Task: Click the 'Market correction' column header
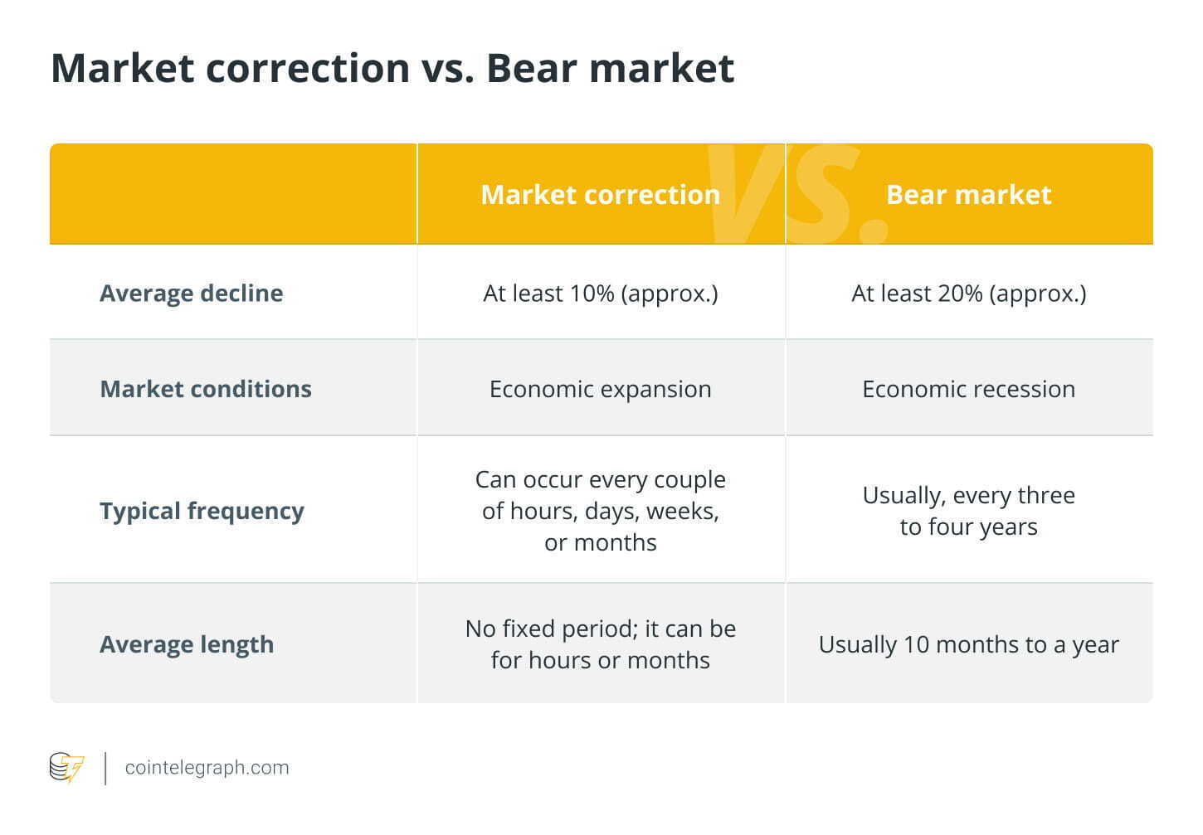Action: click(600, 194)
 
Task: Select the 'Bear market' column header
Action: click(968, 194)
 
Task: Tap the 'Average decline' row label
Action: click(191, 294)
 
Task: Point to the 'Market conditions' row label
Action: click(206, 389)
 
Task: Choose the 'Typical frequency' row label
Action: click(202, 511)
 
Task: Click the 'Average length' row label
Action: click(187, 644)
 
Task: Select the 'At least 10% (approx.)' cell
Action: click(601, 294)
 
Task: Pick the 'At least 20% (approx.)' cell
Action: click(969, 294)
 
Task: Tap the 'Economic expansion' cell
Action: click(601, 390)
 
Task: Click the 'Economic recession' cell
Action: click(969, 389)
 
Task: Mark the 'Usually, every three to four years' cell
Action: click(969, 511)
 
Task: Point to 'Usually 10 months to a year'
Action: click(969, 644)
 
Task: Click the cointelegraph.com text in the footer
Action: click(207, 768)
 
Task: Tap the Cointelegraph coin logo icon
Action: click(66, 767)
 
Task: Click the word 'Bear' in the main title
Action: click(531, 69)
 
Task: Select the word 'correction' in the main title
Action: click(308, 69)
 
